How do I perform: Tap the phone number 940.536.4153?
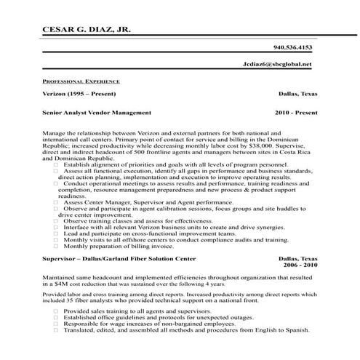pyautogui.click(x=292, y=47)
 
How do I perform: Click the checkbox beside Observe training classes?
pyautogui.click(x=57, y=220)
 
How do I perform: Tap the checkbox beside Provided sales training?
pyautogui.click(x=57, y=311)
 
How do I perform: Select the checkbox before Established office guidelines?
pyautogui.click(x=57, y=317)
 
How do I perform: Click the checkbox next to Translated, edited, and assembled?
pyautogui.click(x=57, y=330)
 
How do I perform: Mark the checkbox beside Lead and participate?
pyautogui.click(x=57, y=233)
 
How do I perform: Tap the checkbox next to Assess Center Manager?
pyautogui.click(x=57, y=201)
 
